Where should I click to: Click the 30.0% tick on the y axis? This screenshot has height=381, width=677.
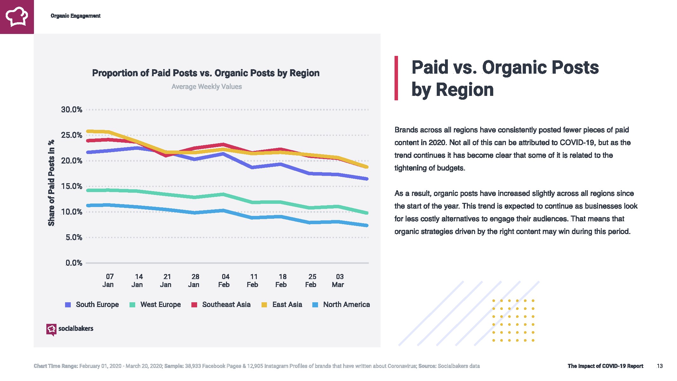[71, 110]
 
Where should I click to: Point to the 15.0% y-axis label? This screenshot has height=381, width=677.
[71, 186]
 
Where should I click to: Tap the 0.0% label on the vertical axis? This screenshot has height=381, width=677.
[74, 263]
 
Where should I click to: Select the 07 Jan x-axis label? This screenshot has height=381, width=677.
[109, 281]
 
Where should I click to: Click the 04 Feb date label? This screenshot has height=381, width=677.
[224, 281]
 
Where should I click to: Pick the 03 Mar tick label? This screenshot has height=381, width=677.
[338, 281]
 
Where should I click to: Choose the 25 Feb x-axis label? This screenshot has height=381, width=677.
[311, 281]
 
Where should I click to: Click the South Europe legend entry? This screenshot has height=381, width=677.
[92, 305]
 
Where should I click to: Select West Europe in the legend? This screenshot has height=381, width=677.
[156, 305]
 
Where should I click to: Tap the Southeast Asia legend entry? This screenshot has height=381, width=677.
[221, 305]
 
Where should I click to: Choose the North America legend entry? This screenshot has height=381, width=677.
[342, 305]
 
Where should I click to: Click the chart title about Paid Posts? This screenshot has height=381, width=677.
[206, 73]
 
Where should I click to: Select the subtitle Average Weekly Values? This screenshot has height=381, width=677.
[207, 87]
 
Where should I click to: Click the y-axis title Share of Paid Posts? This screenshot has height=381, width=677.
[51, 183]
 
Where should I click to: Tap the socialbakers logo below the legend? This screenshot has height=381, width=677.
[70, 329]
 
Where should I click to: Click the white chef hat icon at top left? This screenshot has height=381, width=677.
[17, 17]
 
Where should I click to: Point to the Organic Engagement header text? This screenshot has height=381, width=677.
[76, 16]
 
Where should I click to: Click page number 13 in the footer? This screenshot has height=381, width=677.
[660, 366]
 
